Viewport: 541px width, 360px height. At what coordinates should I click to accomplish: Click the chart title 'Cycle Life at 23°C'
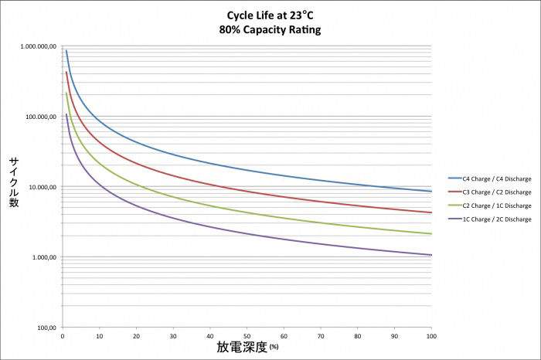270,16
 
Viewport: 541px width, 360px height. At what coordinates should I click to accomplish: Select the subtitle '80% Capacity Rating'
270,30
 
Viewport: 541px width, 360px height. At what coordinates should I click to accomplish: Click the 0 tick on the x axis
63,337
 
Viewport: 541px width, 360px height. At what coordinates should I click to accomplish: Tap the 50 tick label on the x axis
247,337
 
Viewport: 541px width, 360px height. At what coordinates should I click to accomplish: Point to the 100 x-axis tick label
431,337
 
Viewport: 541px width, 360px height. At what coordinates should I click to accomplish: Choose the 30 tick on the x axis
173,337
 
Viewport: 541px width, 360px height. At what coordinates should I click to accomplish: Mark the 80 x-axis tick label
358,337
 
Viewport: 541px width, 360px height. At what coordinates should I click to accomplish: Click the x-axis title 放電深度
241,347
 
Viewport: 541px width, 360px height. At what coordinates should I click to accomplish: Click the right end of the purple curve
431,255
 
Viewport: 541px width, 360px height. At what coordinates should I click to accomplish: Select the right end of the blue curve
431,191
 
